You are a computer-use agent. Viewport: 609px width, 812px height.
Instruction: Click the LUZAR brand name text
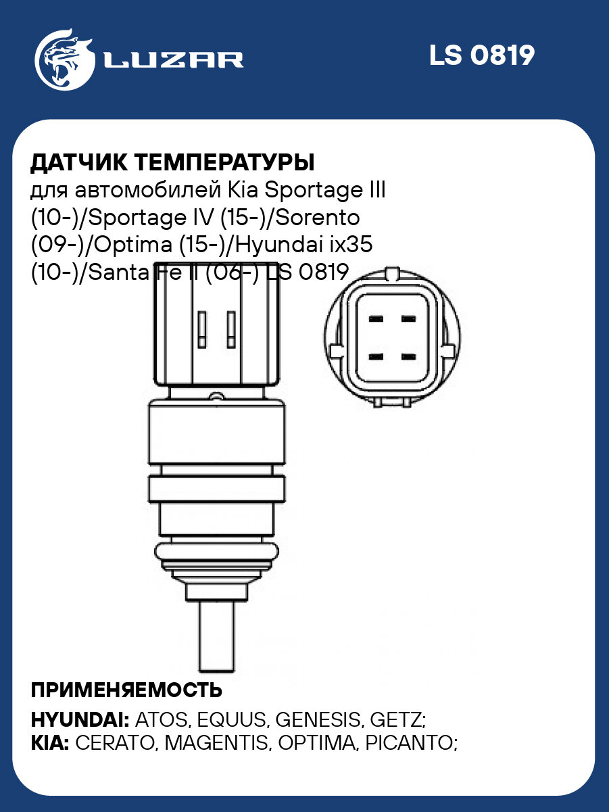[173, 60]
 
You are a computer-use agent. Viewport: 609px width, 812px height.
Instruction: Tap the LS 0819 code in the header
[482, 56]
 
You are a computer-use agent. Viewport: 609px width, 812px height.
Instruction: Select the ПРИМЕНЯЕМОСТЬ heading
[126, 690]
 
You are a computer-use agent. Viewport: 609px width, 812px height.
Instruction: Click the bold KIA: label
[50, 743]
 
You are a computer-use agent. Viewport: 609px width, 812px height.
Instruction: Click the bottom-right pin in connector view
[408, 355]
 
